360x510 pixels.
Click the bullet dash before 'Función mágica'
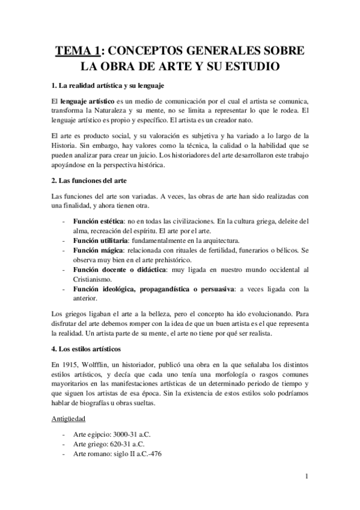pyautogui.click(x=64, y=250)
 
